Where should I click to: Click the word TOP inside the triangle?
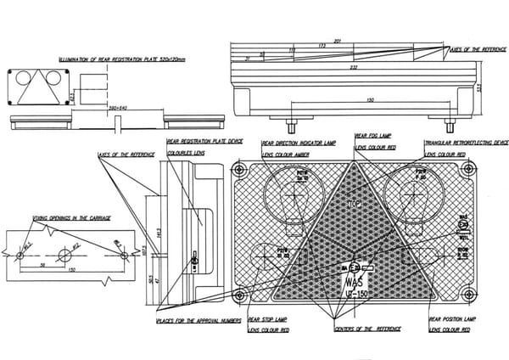tap(354, 205)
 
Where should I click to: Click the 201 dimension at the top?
tap(337, 41)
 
